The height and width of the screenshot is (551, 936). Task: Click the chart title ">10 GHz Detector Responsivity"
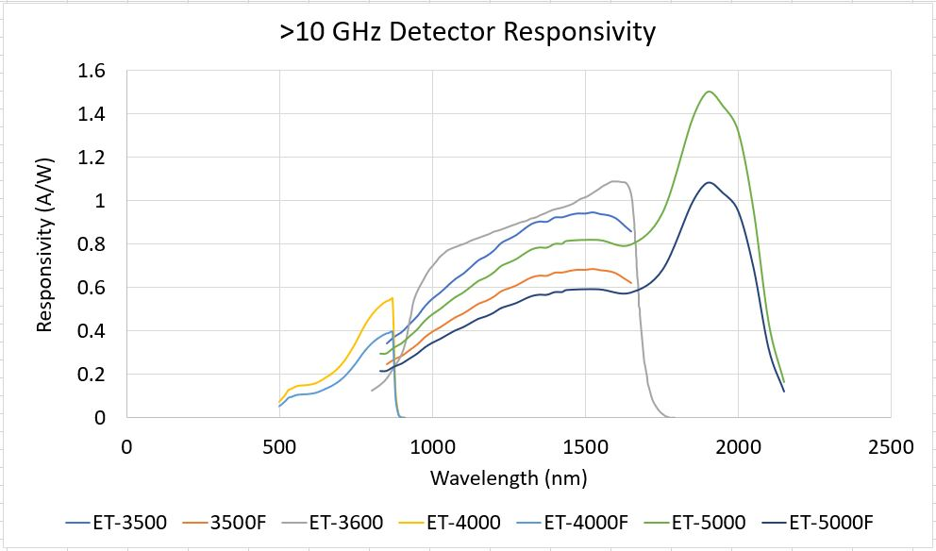click(x=467, y=31)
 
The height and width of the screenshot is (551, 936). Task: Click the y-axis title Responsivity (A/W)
click(x=43, y=244)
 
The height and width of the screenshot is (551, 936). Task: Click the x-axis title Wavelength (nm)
click(x=509, y=477)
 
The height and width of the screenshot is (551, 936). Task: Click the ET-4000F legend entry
click(x=579, y=522)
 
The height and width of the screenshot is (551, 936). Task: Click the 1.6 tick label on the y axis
click(x=93, y=71)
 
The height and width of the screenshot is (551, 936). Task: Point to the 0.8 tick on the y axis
click(x=93, y=244)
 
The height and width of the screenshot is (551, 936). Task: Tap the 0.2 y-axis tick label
click(x=93, y=375)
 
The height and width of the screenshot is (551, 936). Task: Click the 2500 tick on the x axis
click(x=890, y=446)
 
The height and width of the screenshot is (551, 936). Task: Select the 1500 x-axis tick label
click(x=585, y=446)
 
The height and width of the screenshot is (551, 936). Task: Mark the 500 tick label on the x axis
click(x=279, y=446)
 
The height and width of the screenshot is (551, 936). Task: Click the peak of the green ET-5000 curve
click(x=709, y=92)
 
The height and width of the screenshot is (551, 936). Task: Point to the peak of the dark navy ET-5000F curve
click(x=709, y=183)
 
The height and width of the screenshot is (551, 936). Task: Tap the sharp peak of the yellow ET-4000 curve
click(x=392, y=298)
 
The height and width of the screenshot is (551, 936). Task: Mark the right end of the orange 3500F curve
click(x=631, y=282)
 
